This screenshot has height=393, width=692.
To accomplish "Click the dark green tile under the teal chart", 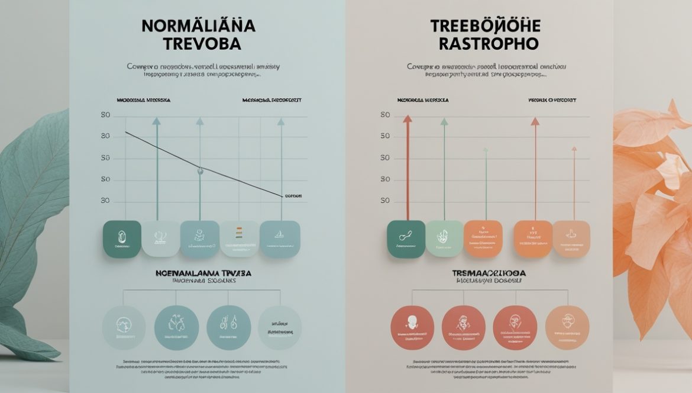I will click(x=122, y=239).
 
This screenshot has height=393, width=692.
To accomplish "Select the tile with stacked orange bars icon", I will click(x=239, y=239).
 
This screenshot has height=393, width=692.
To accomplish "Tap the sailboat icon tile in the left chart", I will click(x=280, y=239).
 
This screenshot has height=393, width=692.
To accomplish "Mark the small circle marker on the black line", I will click(x=200, y=170).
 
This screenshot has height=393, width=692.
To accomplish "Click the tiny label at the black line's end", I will click(x=293, y=195).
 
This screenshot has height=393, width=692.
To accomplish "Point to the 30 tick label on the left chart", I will click(x=105, y=201).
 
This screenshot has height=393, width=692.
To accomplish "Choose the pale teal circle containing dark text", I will click(x=280, y=327).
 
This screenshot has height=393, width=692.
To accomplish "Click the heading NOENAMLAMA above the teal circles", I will click(x=203, y=273).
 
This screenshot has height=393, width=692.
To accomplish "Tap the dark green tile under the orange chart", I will click(x=406, y=239).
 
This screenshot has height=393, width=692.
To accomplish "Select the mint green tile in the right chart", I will click(x=444, y=239).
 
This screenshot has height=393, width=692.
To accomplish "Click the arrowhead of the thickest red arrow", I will click(x=407, y=119).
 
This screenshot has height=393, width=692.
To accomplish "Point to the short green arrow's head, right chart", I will click(x=486, y=150).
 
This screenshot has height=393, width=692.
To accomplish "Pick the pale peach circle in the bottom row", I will click(x=567, y=327).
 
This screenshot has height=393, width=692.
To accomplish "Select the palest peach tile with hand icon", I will click(x=571, y=239).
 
